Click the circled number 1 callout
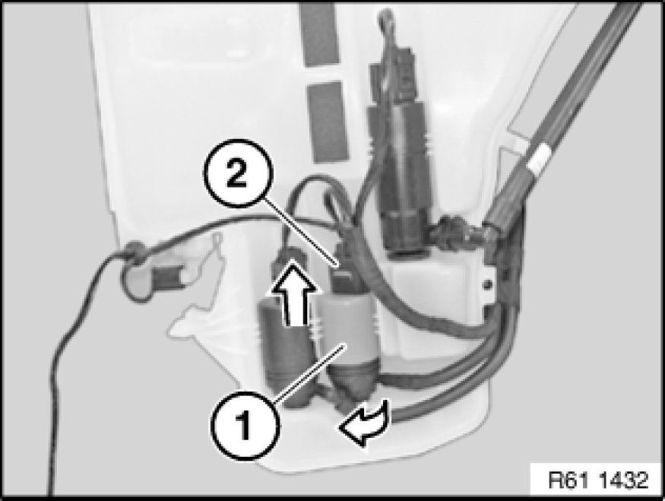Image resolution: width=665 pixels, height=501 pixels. pos(245,425)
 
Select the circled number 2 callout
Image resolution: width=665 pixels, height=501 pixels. pos(237,174)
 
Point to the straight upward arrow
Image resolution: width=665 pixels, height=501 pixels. pos(293,293)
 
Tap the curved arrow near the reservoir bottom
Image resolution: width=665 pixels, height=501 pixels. pos(364,423)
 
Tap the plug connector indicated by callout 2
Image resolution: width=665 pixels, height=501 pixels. pos(344,271)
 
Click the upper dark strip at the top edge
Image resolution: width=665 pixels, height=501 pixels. pos(320,35)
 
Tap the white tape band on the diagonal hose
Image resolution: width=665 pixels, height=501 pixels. pos(539,159)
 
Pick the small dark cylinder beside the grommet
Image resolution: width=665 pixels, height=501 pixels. pos(166,277)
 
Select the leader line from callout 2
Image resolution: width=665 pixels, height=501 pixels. pos(299,232)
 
